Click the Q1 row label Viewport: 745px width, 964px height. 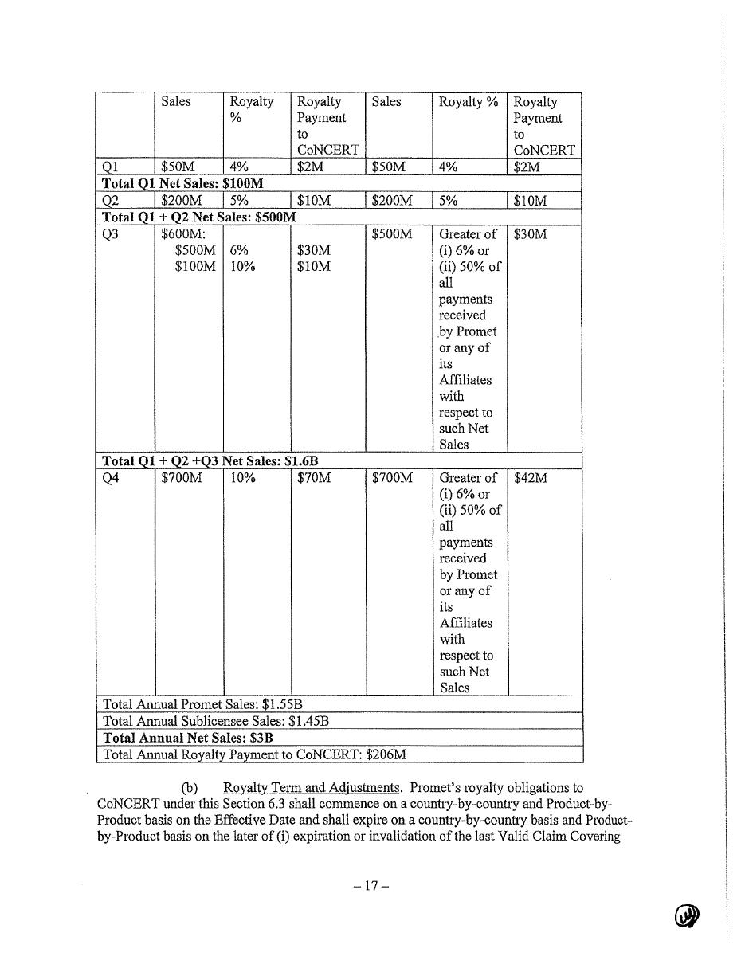pyautogui.click(x=110, y=167)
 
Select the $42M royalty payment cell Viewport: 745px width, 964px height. pyautogui.click(x=531, y=478)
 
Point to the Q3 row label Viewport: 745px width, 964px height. pyautogui.click(x=111, y=234)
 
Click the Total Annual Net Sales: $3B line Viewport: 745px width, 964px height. pyautogui.click(x=188, y=738)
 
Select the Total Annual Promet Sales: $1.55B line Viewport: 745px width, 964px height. pyautogui.click(x=202, y=705)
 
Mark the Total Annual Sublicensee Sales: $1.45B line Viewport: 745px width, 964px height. pyautogui.click(x=216, y=721)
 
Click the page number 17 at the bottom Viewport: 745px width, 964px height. pyautogui.click(x=371, y=886)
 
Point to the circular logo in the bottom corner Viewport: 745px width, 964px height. pyautogui.click(x=686, y=917)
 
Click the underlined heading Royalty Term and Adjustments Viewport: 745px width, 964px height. pyautogui.click(x=312, y=788)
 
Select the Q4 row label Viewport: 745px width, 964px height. pyautogui.click(x=111, y=478)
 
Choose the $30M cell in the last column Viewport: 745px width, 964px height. pyautogui.click(x=531, y=234)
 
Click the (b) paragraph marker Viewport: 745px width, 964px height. pyautogui.click(x=190, y=788)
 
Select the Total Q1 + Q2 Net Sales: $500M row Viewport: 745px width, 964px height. pyautogui.click(x=199, y=217)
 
